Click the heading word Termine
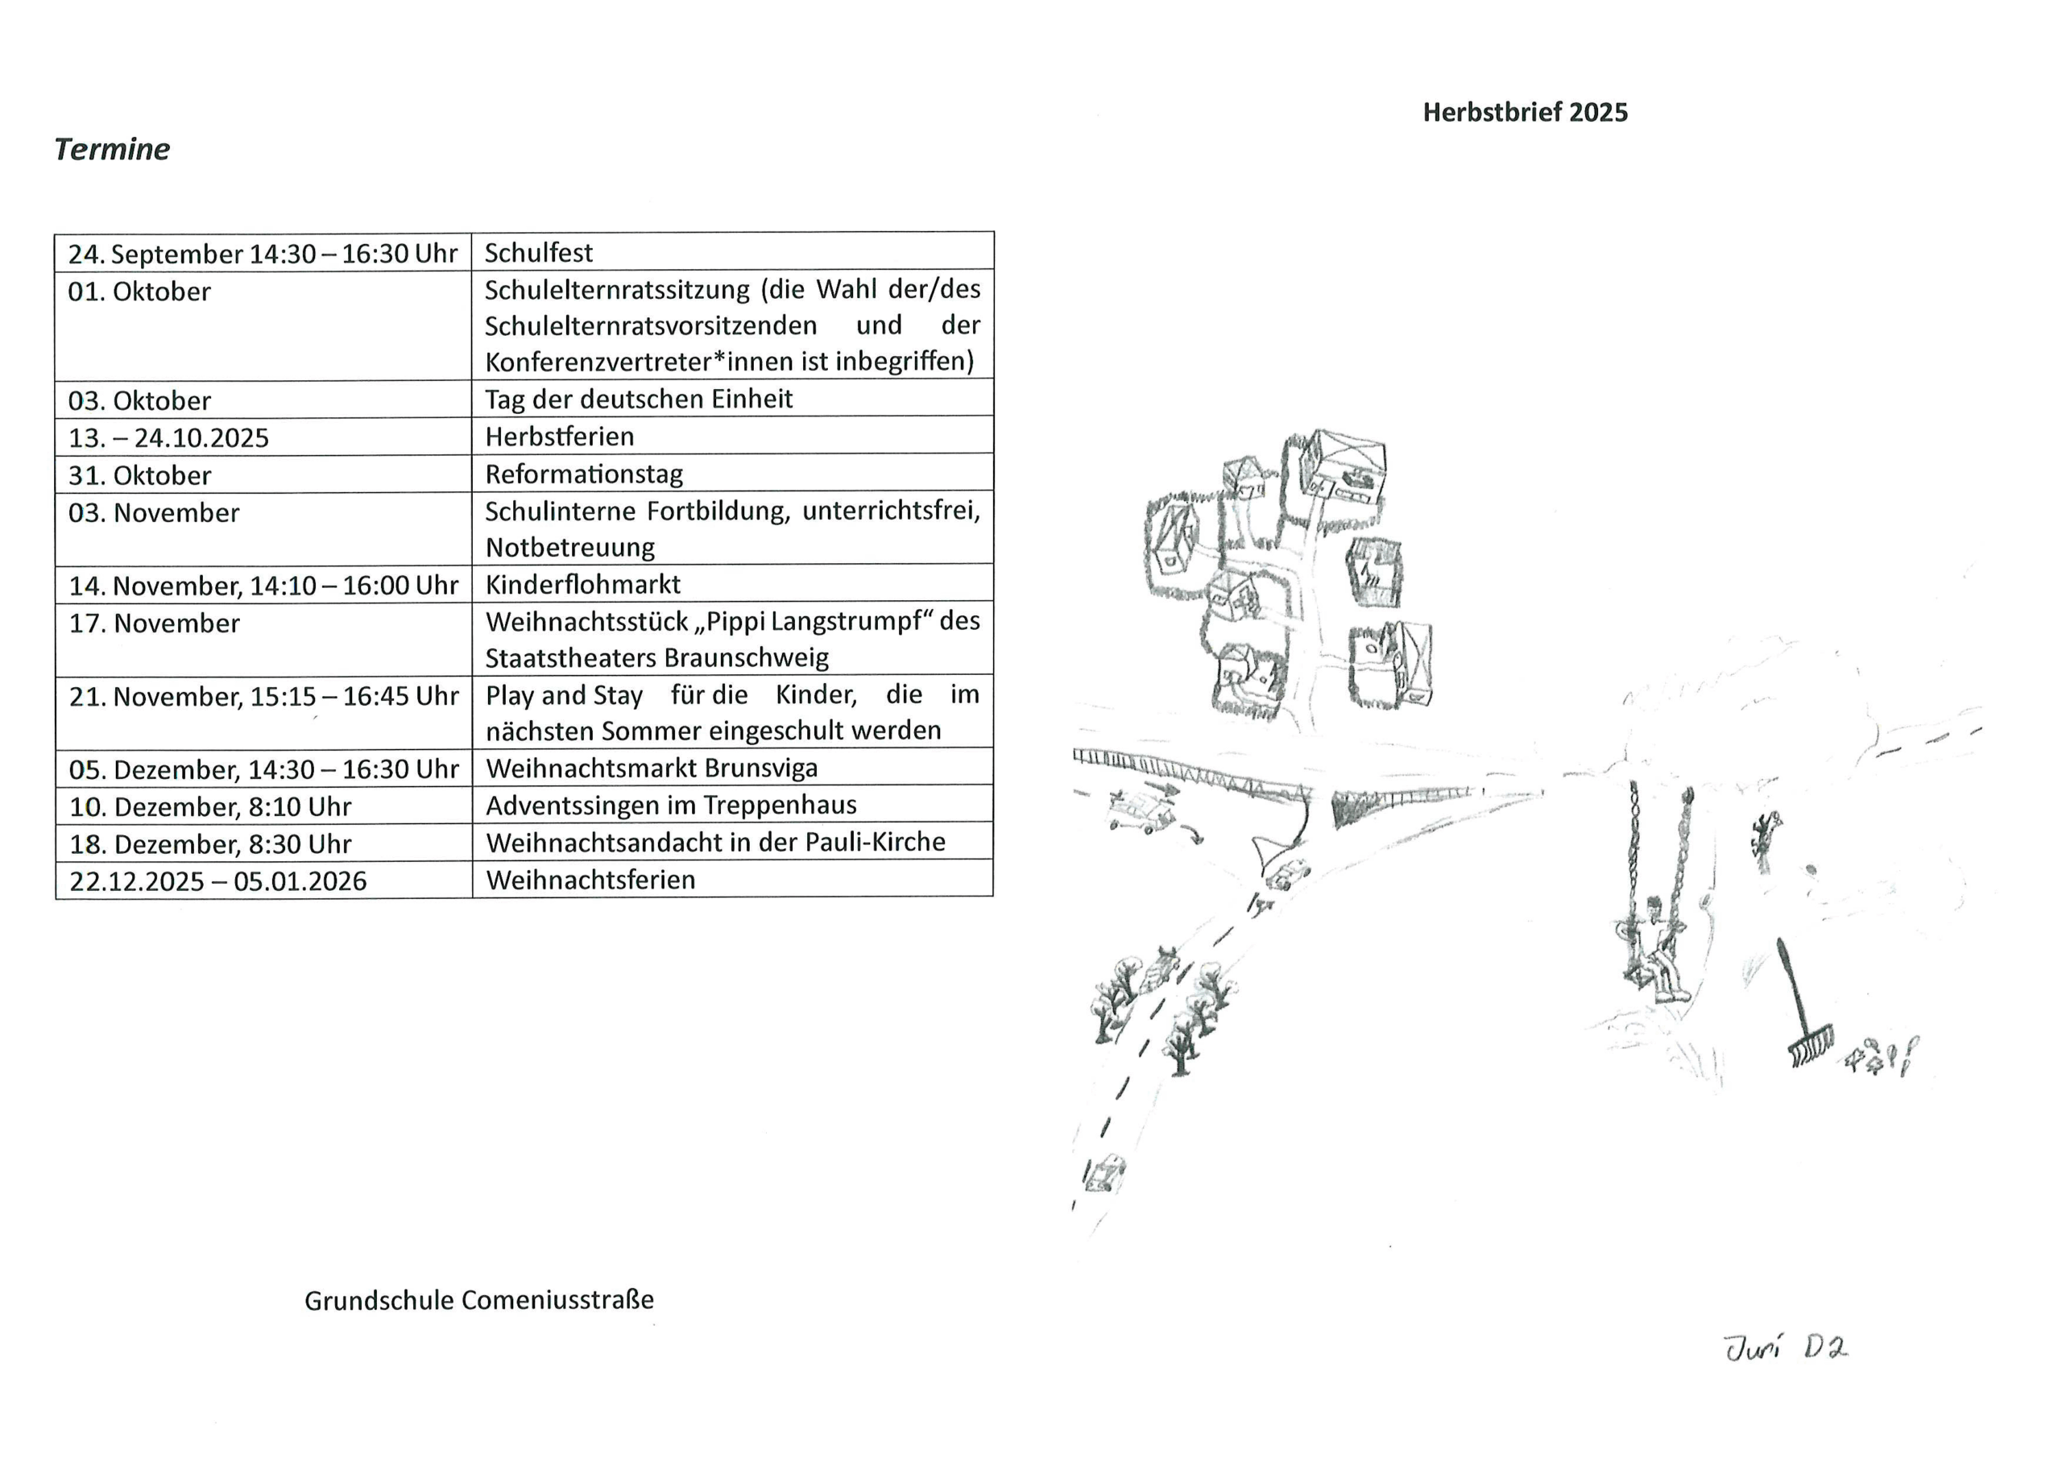pos(111,149)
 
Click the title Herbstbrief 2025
pos(1524,112)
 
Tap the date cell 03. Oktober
pos(139,400)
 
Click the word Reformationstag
pos(584,474)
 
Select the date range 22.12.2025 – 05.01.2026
pos(217,880)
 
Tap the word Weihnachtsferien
pos(590,880)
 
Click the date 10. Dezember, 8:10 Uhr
pos(210,806)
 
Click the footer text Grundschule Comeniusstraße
pos(478,1300)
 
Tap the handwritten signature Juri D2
pos(1784,1348)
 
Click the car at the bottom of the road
pos(1103,1173)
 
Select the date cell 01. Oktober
pos(139,292)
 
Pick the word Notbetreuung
pos(570,547)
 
